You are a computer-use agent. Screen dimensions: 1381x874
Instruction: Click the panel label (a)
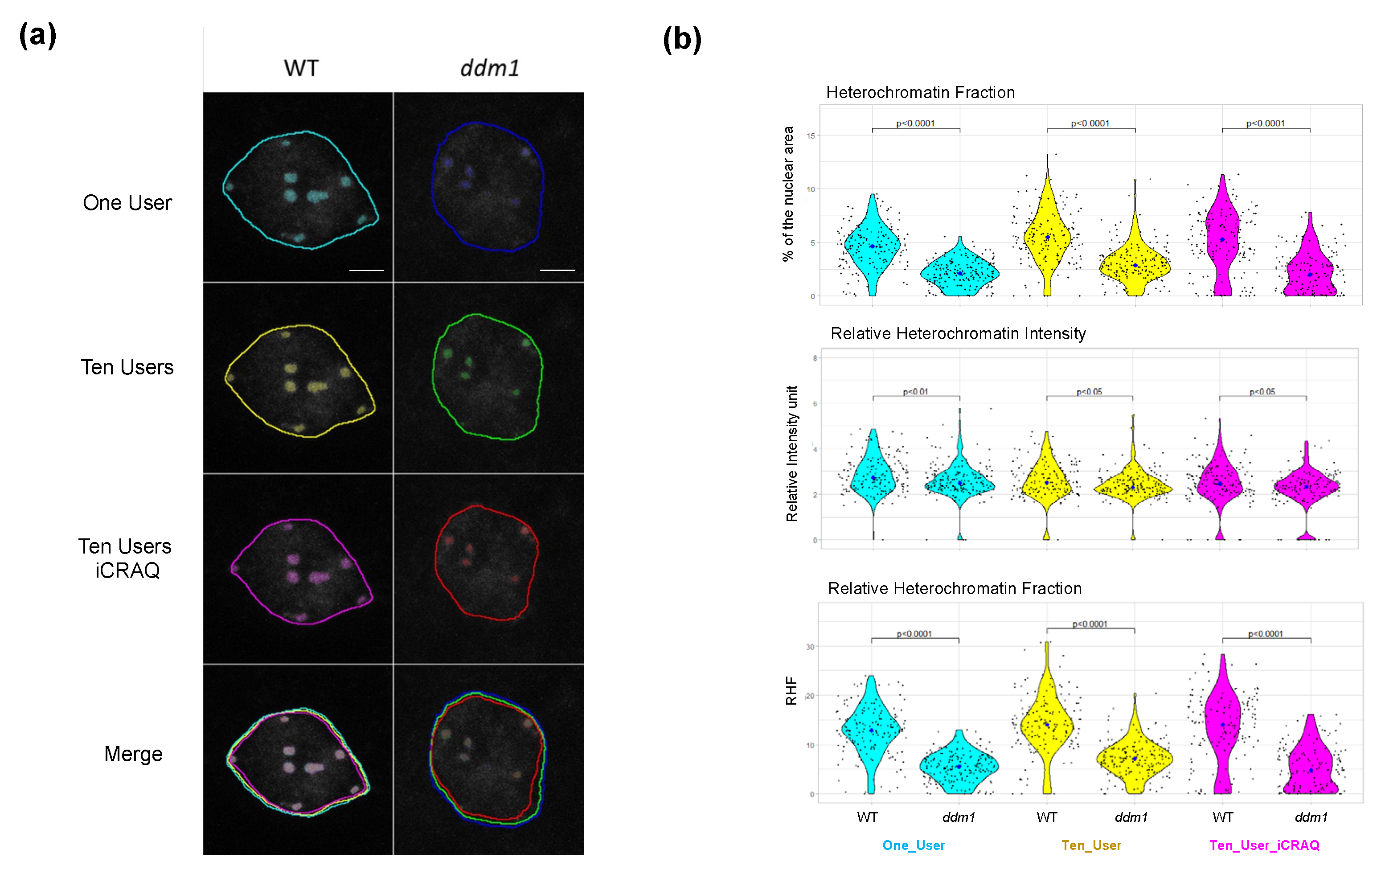[37, 36]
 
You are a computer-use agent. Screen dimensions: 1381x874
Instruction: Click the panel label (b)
[681, 40]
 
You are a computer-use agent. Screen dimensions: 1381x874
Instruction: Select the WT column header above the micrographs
[301, 68]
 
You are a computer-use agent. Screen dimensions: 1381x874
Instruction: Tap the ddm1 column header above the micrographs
[489, 68]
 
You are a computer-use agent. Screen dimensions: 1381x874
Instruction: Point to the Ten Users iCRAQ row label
[126, 558]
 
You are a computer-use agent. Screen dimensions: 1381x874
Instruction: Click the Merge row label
[133, 754]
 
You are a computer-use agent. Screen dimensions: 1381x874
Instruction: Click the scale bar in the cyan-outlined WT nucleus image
[366, 270]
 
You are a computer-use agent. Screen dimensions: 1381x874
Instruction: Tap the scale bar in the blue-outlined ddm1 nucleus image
[557, 270]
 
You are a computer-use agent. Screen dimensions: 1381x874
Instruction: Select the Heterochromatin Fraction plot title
[920, 92]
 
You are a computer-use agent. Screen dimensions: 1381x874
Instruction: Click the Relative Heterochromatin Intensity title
[958, 333]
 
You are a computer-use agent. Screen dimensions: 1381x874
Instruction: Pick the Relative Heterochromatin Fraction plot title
[955, 588]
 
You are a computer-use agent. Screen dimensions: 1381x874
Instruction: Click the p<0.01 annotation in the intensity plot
[915, 392]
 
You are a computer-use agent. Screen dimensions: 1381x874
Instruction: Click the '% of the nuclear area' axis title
[788, 194]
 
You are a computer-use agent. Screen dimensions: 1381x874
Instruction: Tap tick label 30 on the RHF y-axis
[810, 647]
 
